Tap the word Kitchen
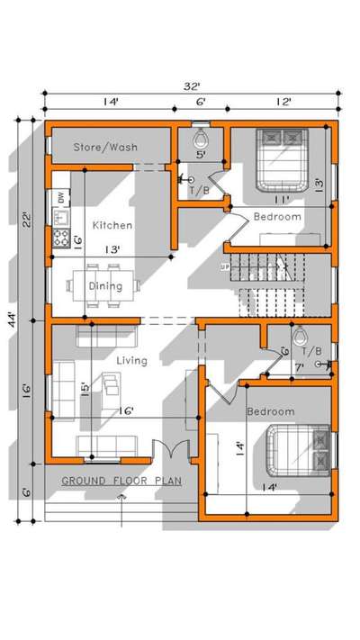(112, 225)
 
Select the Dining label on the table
(105, 286)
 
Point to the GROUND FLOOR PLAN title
(121, 481)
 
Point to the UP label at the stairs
(225, 267)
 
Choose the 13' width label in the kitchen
(112, 249)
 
